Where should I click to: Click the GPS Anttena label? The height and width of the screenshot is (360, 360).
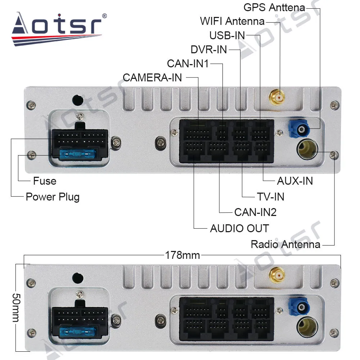tap(274, 7)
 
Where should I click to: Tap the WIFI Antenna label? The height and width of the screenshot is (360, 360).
tap(232, 21)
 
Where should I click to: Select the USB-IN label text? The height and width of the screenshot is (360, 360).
tap(227, 35)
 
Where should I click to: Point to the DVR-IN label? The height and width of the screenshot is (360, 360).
tap(209, 49)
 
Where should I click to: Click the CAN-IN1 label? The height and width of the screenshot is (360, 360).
tap(188, 63)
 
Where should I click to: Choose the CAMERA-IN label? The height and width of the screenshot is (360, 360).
tap(152, 77)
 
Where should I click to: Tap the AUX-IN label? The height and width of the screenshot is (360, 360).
tap(294, 180)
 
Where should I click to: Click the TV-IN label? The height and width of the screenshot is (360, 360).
tap(270, 197)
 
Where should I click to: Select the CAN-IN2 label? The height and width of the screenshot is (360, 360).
tap(255, 212)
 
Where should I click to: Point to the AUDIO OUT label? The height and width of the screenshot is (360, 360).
tap(239, 228)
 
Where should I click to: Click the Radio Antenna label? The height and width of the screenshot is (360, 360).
tap(285, 244)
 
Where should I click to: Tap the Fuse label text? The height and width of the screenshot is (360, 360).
tap(45, 180)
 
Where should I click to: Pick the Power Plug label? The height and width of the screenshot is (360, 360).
tap(53, 197)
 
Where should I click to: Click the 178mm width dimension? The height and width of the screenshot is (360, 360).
tap(182, 255)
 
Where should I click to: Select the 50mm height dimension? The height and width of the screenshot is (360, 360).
tap(16, 308)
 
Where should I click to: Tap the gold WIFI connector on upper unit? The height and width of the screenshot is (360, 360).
tap(277, 96)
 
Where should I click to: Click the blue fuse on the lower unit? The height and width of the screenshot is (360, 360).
tap(77, 330)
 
